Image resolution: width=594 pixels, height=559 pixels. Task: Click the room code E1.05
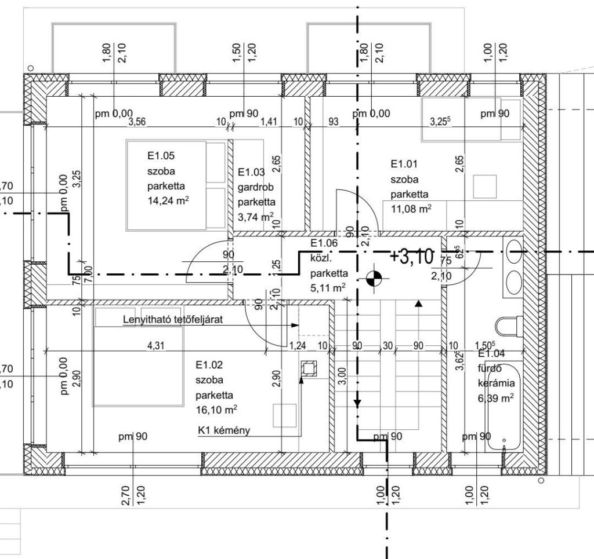tap(161, 155)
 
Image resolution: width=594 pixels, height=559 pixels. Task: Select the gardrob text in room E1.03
tap(255, 187)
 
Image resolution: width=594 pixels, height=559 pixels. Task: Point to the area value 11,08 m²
tap(410, 209)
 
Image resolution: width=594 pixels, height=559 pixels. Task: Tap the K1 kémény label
tap(224, 430)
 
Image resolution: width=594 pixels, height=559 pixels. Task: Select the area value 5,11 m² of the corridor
tap(329, 287)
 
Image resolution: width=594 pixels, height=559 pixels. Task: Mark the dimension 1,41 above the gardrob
tap(269, 122)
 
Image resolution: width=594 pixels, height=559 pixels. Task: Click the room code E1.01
tap(404, 164)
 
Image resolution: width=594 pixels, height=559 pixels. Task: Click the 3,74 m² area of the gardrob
tap(256, 217)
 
